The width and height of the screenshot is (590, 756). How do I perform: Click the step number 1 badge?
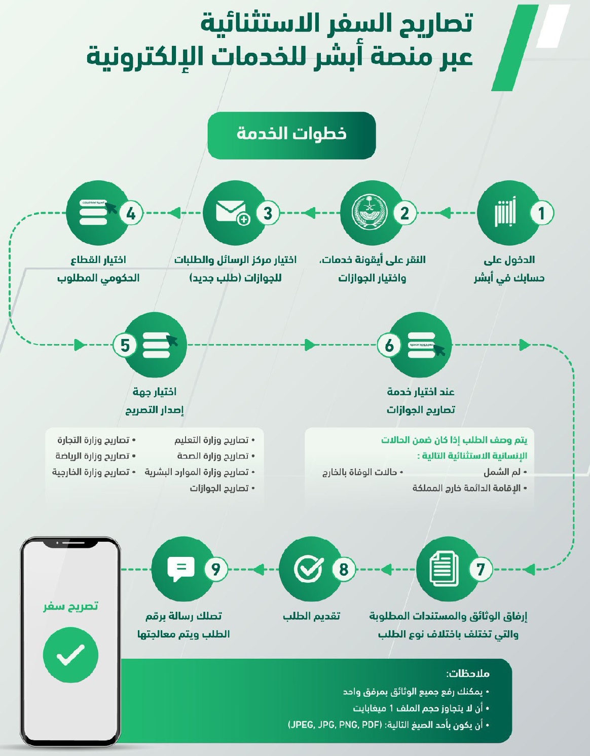(x=541, y=213)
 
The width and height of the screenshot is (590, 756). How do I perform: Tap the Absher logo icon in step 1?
(x=505, y=213)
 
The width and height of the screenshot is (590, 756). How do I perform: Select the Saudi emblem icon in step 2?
(x=370, y=213)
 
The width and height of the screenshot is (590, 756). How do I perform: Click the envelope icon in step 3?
(x=232, y=212)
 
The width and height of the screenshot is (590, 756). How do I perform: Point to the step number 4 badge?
(x=131, y=213)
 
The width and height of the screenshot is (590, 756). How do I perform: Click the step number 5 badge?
(x=125, y=345)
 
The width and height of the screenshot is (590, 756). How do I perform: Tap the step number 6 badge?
(x=389, y=345)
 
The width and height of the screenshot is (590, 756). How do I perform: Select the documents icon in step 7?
(x=444, y=569)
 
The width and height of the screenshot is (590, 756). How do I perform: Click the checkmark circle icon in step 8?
(x=308, y=569)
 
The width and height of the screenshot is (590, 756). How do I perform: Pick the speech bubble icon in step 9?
(x=180, y=569)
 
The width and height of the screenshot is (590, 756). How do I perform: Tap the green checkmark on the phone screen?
(x=70, y=655)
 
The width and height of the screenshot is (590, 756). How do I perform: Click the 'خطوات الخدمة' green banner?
(x=291, y=135)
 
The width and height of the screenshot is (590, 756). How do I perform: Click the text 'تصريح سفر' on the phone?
(x=70, y=607)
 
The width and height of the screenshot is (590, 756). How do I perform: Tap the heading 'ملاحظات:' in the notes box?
(x=468, y=674)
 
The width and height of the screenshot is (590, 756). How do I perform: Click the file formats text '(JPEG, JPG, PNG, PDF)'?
(x=335, y=725)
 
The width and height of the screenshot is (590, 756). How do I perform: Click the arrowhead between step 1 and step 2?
(x=445, y=213)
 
